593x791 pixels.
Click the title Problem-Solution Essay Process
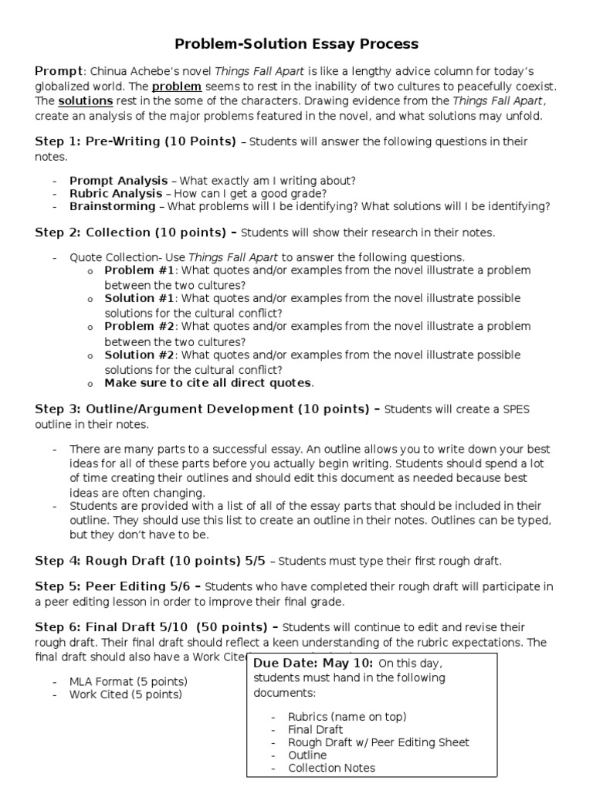296,43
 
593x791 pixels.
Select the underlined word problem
176,86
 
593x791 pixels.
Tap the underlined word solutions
85,101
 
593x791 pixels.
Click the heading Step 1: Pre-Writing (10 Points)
136,141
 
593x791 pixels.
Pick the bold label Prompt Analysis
119,180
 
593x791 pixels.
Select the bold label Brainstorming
112,206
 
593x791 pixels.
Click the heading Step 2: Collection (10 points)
136,232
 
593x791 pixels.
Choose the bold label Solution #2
140,355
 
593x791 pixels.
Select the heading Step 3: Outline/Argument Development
206,409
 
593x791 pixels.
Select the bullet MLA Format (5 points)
128,681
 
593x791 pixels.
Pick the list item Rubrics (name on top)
347,716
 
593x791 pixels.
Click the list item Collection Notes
331,768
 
